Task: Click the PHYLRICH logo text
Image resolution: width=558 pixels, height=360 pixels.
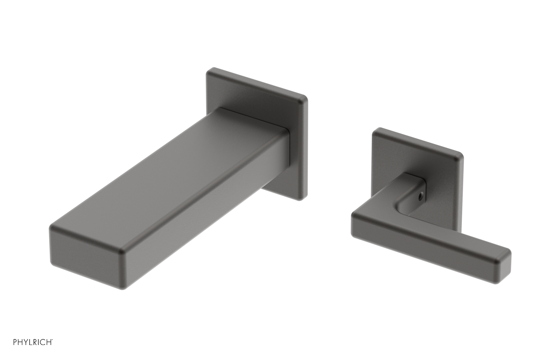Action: [33, 342]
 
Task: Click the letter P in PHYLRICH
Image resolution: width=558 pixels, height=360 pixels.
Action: [15, 342]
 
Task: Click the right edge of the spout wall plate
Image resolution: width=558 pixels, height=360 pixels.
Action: [306, 147]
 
